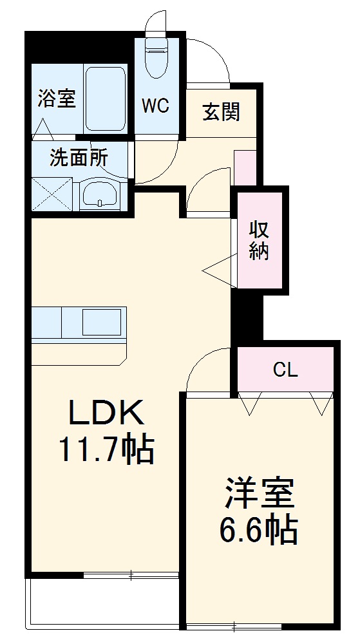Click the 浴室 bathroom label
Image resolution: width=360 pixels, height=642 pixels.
pyautogui.click(x=57, y=99)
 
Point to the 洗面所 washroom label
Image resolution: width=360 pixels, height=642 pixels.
pyautogui.click(x=79, y=158)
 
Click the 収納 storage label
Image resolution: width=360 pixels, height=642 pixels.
pyautogui.click(x=259, y=240)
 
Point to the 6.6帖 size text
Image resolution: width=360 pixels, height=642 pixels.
pyautogui.click(x=260, y=531)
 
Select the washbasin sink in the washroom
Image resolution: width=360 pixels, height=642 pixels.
pyautogui.click(x=99, y=193)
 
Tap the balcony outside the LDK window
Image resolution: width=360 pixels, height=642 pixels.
pyautogui.click(x=103, y=602)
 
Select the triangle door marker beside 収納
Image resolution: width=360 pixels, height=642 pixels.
pyautogui.click(x=219, y=270)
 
